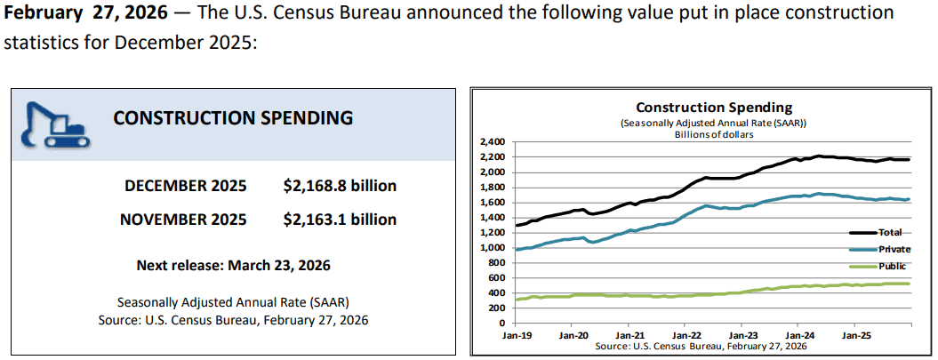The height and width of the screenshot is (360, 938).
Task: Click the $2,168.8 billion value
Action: tap(340, 186)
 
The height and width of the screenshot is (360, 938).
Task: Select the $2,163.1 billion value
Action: tap(340, 219)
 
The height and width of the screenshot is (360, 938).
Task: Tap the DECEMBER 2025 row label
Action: tap(184, 186)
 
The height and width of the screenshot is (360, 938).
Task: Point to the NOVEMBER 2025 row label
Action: tap(183, 219)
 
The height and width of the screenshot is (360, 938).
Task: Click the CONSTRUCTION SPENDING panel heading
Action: tap(233, 117)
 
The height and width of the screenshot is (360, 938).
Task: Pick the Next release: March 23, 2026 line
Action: tap(233, 265)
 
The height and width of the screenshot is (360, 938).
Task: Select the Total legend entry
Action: tap(889, 232)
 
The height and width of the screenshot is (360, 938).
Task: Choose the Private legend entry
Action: tap(894, 249)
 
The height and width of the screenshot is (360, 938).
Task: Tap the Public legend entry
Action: tap(892, 266)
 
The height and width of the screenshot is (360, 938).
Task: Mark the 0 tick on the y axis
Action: tap(501, 323)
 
